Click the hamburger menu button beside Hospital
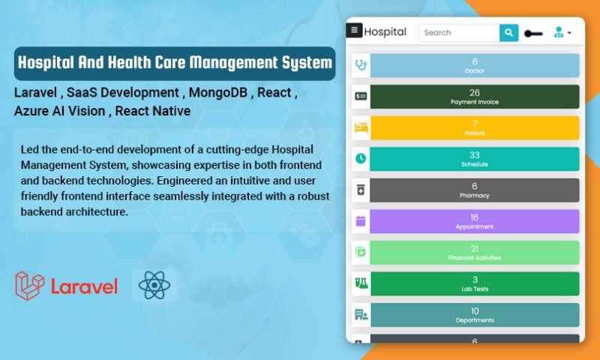point(354,30)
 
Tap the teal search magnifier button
point(508,32)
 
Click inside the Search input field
point(459,32)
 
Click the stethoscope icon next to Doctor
point(361,65)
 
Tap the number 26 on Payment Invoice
point(475,92)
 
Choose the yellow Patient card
point(475,127)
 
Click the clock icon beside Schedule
point(361,158)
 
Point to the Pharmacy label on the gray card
point(475,196)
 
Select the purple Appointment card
point(475,221)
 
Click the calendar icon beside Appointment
point(361,220)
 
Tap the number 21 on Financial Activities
point(475,249)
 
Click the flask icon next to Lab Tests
point(361,283)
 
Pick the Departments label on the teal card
point(475,320)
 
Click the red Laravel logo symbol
point(29,286)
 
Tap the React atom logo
point(154,285)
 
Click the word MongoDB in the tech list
point(218,92)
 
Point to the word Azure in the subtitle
point(30,111)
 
